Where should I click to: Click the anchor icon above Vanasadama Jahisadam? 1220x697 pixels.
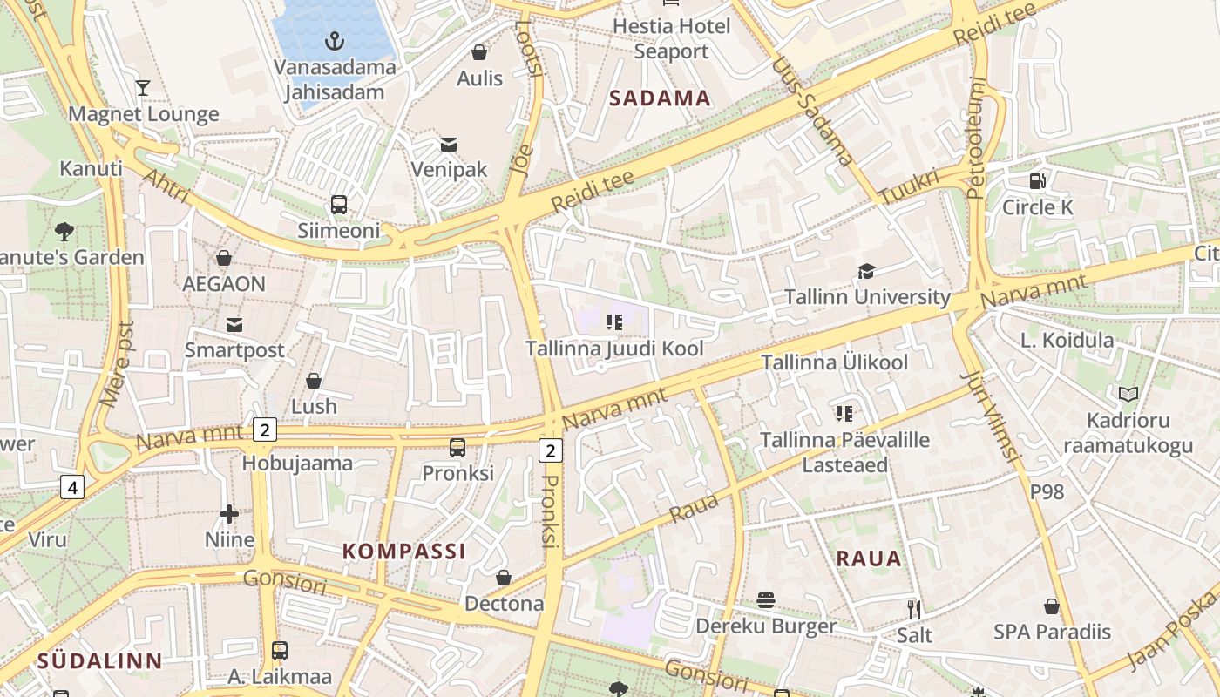(334, 40)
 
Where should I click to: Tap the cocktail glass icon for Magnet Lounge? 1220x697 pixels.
(143, 88)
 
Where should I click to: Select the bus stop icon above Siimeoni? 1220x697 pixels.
(339, 205)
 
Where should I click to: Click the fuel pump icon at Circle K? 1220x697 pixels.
(1037, 181)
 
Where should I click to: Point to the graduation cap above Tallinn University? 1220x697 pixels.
(866, 271)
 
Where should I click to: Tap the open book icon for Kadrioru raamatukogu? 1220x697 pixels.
(1128, 395)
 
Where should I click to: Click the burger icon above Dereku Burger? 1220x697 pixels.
(766, 599)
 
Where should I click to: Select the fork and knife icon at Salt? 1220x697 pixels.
(914, 609)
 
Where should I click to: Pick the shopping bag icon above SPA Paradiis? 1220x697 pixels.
(1052, 606)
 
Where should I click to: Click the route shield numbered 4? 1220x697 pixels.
(72, 487)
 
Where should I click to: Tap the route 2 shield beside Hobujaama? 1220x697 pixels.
(265, 429)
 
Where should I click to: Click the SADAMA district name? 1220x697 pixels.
(660, 98)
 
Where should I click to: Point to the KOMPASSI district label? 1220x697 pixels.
(404, 552)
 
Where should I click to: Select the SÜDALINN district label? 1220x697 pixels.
(99, 661)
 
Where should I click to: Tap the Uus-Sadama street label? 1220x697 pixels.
(811, 111)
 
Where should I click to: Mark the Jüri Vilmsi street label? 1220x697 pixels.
(990, 416)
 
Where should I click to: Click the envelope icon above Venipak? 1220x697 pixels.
(449, 144)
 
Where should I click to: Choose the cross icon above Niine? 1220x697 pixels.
(229, 514)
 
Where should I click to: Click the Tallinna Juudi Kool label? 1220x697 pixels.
(613, 348)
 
